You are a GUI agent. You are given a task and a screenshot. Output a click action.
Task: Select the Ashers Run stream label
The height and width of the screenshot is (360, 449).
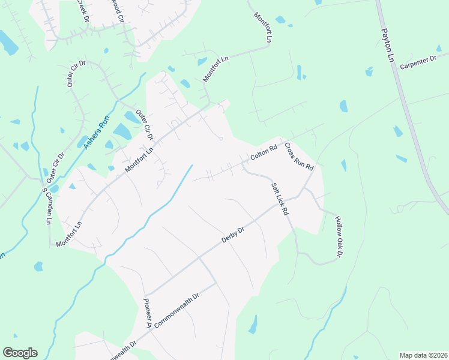point(95,133)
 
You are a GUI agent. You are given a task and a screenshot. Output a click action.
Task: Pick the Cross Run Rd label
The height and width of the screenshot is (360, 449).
point(299,156)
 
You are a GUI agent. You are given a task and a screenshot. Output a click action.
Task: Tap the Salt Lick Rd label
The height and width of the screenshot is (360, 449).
point(280,199)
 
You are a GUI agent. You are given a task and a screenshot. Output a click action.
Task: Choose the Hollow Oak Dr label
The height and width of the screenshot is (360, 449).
point(338,237)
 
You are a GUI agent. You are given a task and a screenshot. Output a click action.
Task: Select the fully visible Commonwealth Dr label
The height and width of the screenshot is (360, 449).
point(176,310)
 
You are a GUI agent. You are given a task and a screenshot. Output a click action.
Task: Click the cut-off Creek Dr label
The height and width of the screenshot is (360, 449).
point(83,11)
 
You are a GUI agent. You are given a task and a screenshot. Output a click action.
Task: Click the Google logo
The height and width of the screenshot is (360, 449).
point(20,353)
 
